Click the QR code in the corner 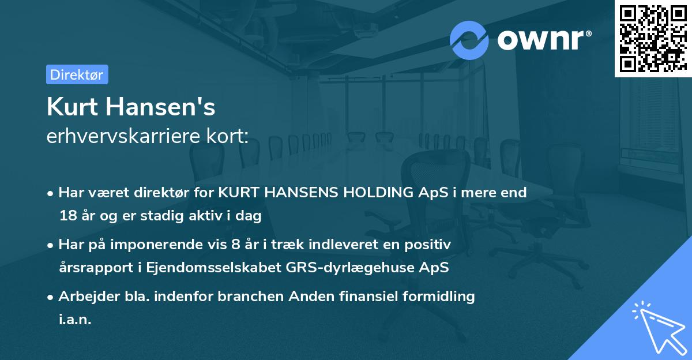click(653, 39)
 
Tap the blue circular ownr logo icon click(469, 40)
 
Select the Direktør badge click(77, 74)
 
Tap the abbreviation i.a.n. click(75, 320)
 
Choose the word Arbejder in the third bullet click(85, 297)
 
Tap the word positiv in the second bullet click(430, 245)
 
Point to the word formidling click(435, 297)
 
